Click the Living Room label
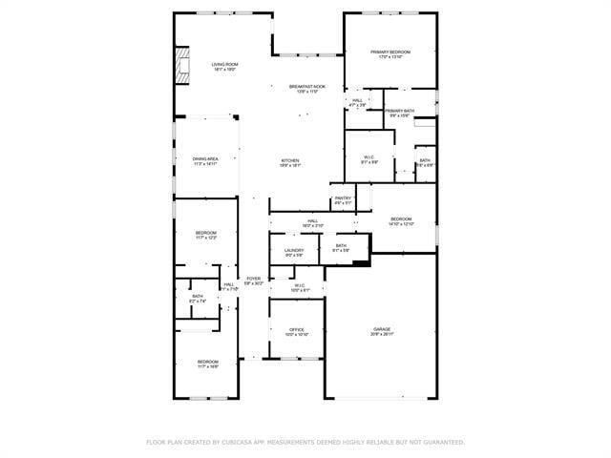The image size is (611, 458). tap(224, 64)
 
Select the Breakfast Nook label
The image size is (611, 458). tap(306, 86)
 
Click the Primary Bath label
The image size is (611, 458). tap(400, 111)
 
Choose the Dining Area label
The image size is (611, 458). tap(205, 159)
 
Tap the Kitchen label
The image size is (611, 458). tap(289, 159)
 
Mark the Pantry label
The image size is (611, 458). tap(343, 198)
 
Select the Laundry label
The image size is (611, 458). tap(294, 250)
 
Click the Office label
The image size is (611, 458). tap(296, 330)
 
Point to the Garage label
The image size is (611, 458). tap(382, 330)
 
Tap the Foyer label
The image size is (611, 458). tap(253, 279)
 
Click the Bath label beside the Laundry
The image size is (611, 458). tap(341, 246)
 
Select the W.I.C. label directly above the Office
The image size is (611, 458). tap(299, 285)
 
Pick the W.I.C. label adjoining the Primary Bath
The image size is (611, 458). tap(369, 157)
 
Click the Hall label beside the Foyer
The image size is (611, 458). tap(229, 284)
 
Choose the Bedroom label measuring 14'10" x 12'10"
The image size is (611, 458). tap(401, 219)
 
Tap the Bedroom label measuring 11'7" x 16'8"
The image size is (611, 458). tap(208, 362)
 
